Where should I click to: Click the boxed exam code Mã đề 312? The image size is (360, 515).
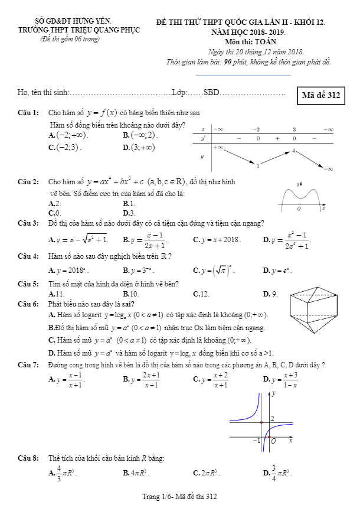click(x=321, y=96)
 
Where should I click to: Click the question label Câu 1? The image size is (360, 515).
click(x=28, y=112)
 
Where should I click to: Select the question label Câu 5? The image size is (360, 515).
click(x=28, y=284)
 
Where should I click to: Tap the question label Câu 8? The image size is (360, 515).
click(x=28, y=458)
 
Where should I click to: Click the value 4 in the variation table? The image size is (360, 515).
click(x=293, y=151)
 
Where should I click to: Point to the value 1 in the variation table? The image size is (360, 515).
click(x=258, y=166)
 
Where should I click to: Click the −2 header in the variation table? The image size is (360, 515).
click(x=256, y=129)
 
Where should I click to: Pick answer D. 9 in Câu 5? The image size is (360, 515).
click(x=270, y=294)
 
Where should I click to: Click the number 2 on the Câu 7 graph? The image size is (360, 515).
click(x=272, y=418)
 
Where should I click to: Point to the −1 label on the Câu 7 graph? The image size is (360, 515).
click(x=257, y=441)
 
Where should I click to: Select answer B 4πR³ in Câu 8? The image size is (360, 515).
click(x=136, y=473)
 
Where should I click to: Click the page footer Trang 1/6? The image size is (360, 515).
click(x=179, y=497)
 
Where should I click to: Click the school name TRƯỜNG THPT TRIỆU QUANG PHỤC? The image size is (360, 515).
click(x=64, y=31)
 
